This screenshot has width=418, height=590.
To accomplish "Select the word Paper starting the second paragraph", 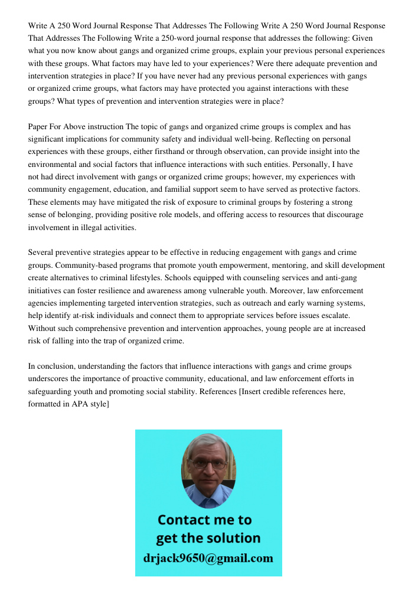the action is point(39,127).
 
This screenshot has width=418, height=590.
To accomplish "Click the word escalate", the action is point(335,316).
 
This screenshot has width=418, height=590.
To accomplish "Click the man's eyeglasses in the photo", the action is point(209,463).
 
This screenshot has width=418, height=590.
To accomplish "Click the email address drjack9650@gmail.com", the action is point(208,558).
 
